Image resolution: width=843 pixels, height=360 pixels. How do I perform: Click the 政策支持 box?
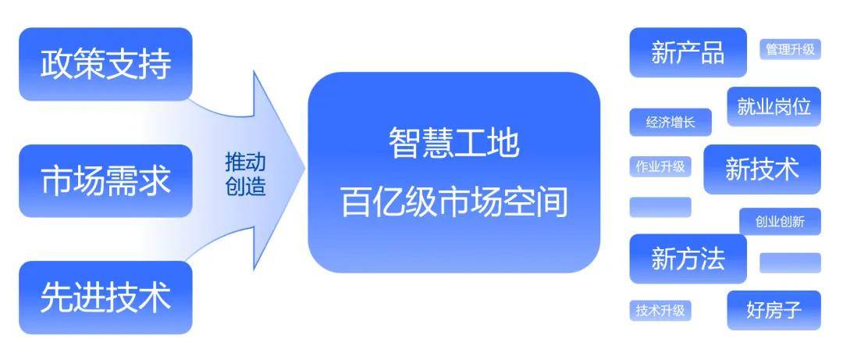(x=105, y=64)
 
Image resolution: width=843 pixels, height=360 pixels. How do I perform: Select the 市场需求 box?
(x=105, y=180)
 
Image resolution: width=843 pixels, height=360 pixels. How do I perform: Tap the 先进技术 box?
(x=105, y=298)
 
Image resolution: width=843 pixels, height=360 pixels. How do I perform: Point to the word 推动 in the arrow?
(x=245, y=162)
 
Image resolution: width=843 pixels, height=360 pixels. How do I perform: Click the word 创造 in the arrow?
(x=245, y=187)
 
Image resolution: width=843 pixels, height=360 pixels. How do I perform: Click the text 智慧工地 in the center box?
(x=454, y=144)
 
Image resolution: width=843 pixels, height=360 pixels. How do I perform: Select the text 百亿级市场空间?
(x=454, y=202)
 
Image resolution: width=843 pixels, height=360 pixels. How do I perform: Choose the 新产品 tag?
(x=688, y=52)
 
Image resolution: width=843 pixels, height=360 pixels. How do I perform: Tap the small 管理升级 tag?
(x=790, y=49)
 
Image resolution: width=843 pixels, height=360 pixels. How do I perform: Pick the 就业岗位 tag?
(x=774, y=107)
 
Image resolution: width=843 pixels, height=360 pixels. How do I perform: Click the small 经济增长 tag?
(x=670, y=122)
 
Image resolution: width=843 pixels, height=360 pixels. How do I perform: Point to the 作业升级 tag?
(x=660, y=166)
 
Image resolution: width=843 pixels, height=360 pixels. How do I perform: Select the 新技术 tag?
(x=762, y=169)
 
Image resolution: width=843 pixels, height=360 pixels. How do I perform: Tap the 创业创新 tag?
(x=779, y=222)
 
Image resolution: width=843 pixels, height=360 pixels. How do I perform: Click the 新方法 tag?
(x=688, y=258)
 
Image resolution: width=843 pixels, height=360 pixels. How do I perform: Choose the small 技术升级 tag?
(x=660, y=310)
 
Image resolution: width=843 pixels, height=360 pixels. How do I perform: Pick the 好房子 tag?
(x=774, y=310)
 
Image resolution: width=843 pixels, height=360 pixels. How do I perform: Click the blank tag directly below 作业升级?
(x=660, y=207)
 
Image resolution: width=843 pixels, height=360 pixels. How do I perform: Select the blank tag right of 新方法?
(x=790, y=262)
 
